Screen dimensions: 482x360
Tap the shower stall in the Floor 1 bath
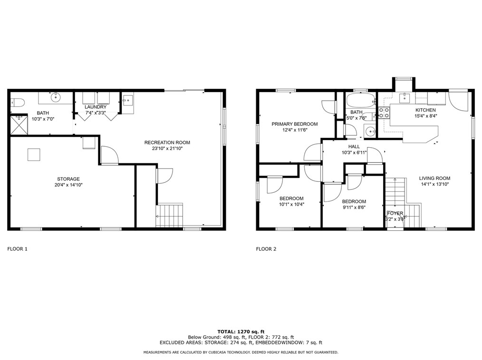pyautogui.click(x=19, y=124)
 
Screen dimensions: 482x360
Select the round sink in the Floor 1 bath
pyautogui.click(x=56, y=97)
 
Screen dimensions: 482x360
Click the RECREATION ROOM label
pyautogui.click(x=167, y=142)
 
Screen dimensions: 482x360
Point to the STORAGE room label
pyautogui.click(x=68, y=179)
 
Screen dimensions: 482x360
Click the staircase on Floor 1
pyautogui.click(x=169, y=215)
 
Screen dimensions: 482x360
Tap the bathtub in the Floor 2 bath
pyautogui.click(x=361, y=100)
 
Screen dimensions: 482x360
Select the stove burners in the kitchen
pyautogui.click(x=384, y=113)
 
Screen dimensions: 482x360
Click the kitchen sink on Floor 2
pyautogui.click(x=405, y=98)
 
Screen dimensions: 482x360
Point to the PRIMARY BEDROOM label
pyautogui.click(x=295, y=124)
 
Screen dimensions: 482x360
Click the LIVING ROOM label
pyautogui.click(x=434, y=178)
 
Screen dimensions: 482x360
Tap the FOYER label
pyautogui.click(x=395, y=213)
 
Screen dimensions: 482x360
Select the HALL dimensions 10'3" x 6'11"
pyautogui.click(x=354, y=152)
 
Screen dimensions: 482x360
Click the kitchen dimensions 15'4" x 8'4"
pyautogui.click(x=426, y=116)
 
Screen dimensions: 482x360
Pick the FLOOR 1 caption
pyautogui.click(x=17, y=249)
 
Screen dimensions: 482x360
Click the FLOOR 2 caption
pyautogui.click(x=266, y=249)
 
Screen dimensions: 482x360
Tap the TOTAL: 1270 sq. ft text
pyautogui.click(x=241, y=332)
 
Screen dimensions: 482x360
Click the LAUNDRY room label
pyautogui.click(x=96, y=107)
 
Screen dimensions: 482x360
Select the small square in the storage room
pyautogui.click(x=34, y=154)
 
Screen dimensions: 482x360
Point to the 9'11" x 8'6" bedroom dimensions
pyautogui.click(x=354, y=208)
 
